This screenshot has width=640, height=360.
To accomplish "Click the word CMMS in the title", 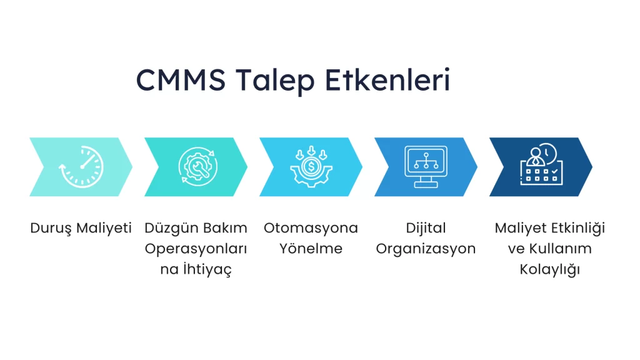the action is (181, 79).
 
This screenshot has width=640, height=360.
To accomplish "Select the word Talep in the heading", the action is (275, 81).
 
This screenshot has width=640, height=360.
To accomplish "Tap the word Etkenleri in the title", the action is (387, 79).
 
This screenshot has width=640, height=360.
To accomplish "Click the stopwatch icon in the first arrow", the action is (81, 167).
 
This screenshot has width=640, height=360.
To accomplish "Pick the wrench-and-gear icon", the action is (197, 166).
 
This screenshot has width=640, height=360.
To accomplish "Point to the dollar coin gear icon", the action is (311, 166).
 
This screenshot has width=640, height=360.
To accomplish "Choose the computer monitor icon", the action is (426, 166).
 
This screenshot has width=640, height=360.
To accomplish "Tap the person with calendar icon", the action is (542, 164).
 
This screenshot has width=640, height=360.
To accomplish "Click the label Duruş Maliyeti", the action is (81, 228).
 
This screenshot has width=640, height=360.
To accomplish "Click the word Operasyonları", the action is (196, 249).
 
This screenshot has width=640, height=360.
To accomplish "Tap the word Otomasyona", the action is (311, 228).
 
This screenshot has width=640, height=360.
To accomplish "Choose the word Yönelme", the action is (311, 248).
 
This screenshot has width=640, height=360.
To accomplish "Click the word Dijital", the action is (426, 228).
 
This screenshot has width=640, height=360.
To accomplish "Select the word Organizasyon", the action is (426, 249).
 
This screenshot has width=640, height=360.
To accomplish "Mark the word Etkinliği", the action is (579, 228).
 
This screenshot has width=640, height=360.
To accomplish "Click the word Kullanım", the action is (561, 249).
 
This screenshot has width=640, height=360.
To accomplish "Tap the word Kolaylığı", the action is (550, 269).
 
